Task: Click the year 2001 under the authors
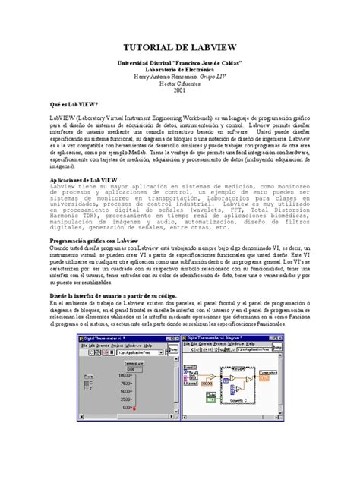point(179,90)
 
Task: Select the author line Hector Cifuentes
point(179,83)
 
